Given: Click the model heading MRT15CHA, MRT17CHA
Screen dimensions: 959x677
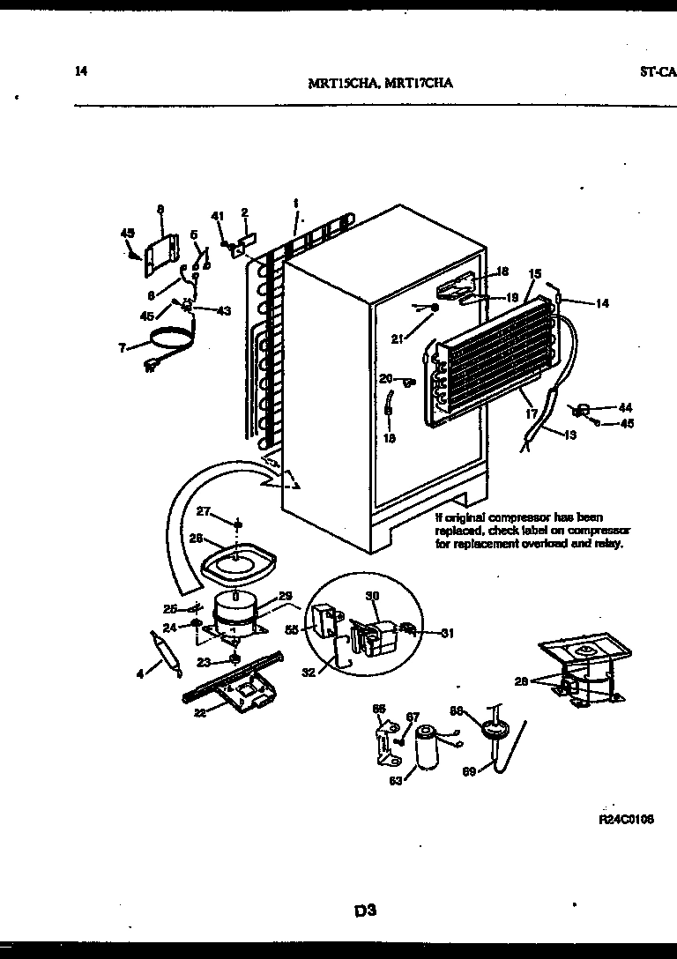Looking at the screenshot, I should [381, 85].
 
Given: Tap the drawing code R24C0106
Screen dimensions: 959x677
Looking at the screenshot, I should [626, 819].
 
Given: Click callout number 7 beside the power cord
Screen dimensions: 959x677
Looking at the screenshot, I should [123, 347].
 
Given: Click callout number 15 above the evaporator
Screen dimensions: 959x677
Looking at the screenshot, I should [534, 274].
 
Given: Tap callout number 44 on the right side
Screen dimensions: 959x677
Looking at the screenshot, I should [625, 407].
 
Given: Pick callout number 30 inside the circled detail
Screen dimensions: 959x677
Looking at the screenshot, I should [370, 597].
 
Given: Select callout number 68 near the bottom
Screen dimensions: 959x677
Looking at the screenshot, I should [481, 710].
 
